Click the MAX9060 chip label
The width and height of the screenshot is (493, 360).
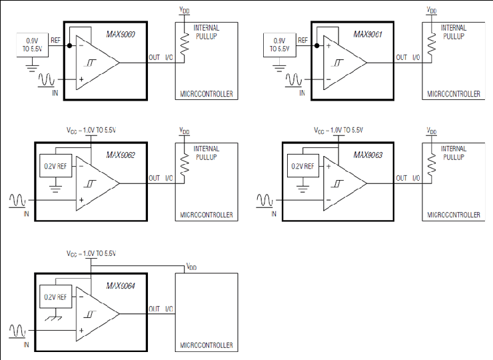121,34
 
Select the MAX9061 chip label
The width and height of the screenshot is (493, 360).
368,34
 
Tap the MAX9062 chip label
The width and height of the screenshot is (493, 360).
121,155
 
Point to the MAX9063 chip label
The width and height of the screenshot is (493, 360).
368,155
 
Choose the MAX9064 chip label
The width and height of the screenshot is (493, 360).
121,286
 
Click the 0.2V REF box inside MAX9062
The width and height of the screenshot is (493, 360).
56,166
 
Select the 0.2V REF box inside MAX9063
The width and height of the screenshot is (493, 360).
303,166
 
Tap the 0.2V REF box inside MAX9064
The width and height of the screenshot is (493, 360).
56,297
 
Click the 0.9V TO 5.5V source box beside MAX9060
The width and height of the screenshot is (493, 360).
33,45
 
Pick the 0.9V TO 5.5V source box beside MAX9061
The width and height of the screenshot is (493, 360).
280,45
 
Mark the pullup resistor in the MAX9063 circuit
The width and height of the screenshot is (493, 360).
432,163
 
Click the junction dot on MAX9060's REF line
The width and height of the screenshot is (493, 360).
69,45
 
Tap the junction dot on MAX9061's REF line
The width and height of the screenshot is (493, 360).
317,45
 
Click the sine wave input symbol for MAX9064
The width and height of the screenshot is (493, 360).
17,331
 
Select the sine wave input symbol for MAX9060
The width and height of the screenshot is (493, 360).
46,80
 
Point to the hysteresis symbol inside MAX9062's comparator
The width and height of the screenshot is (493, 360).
90,184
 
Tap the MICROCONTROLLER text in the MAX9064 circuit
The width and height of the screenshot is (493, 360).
207,345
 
